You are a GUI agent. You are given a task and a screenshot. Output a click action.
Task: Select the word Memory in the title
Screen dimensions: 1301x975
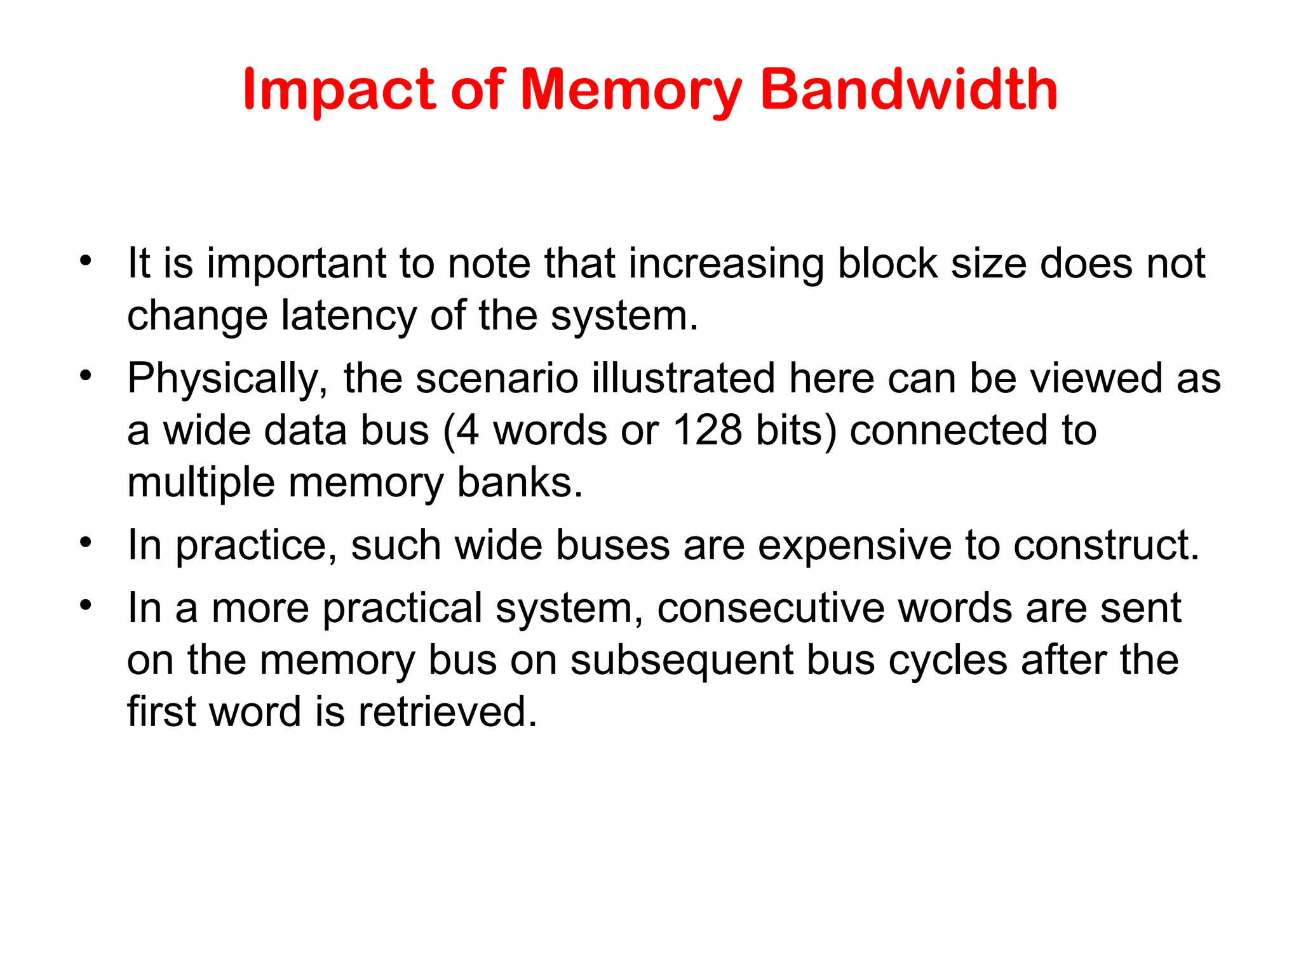point(631,90)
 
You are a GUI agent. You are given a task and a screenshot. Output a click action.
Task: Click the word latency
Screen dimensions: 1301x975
point(349,315)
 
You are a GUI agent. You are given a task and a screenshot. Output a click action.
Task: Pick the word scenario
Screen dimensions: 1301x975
point(497,378)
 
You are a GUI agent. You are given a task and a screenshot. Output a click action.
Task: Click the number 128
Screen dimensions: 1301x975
point(707,430)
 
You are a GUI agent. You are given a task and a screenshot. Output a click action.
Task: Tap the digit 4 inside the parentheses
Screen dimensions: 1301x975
point(468,430)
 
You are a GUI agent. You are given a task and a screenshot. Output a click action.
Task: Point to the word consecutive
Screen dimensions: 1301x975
point(771,607)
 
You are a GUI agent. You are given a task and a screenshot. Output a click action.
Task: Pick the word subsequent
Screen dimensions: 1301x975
point(682,660)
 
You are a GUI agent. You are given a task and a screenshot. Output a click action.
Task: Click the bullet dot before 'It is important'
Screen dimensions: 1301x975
point(86,260)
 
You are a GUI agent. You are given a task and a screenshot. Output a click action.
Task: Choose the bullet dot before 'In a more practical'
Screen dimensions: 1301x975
point(86,604)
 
